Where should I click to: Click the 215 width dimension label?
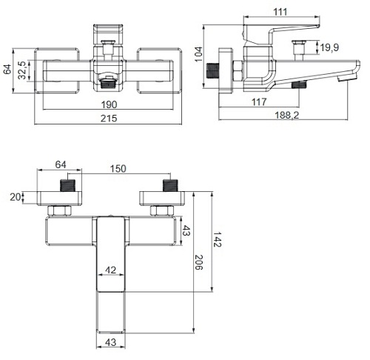click(109, 119)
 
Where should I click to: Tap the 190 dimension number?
click(109, 104)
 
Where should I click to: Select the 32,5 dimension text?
click(22, 70)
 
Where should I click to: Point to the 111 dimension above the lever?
click(280, 12)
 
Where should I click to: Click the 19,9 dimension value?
click(329, 47)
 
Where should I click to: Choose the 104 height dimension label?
click(198, 54)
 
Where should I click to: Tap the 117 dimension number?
click(259, 101)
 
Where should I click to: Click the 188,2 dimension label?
click(287, 115)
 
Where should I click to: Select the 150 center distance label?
click(118, 169)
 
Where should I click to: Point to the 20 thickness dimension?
click(15, 197)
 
